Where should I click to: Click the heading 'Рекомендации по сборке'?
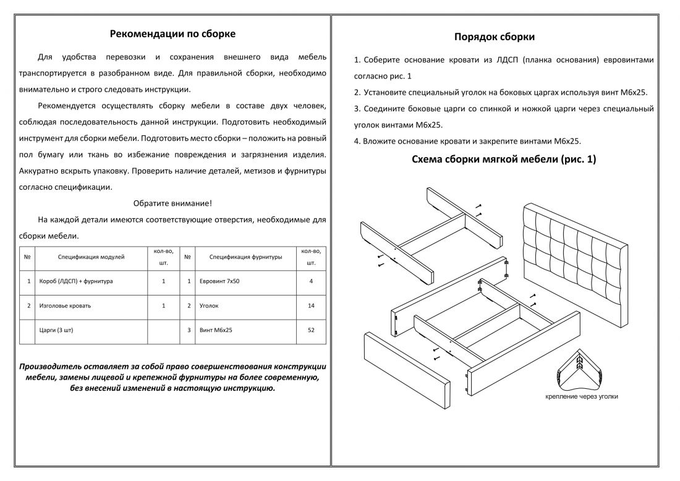tap(172, 33)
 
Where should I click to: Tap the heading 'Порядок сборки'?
tap(495, 36)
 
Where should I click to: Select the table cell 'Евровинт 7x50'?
tap(220, 281)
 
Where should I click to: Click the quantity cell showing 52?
tap(311, 330)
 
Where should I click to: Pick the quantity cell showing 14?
tap(311, 305)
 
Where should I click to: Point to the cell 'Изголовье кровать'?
tap(65, 305)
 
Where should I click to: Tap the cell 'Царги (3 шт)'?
tap(56, 330)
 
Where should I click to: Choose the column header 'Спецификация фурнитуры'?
tap(245, 257)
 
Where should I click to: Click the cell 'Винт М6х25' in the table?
tap(216, 330)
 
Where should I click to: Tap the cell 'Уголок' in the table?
tap(209, 305)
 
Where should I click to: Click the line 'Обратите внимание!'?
tap(172, 203)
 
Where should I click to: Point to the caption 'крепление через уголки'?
tap(581, 396)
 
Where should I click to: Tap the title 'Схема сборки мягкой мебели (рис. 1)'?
tap(504, 160)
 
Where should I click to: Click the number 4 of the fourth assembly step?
tap(357, 141)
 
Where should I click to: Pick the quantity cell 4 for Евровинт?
tap(311, 281)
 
